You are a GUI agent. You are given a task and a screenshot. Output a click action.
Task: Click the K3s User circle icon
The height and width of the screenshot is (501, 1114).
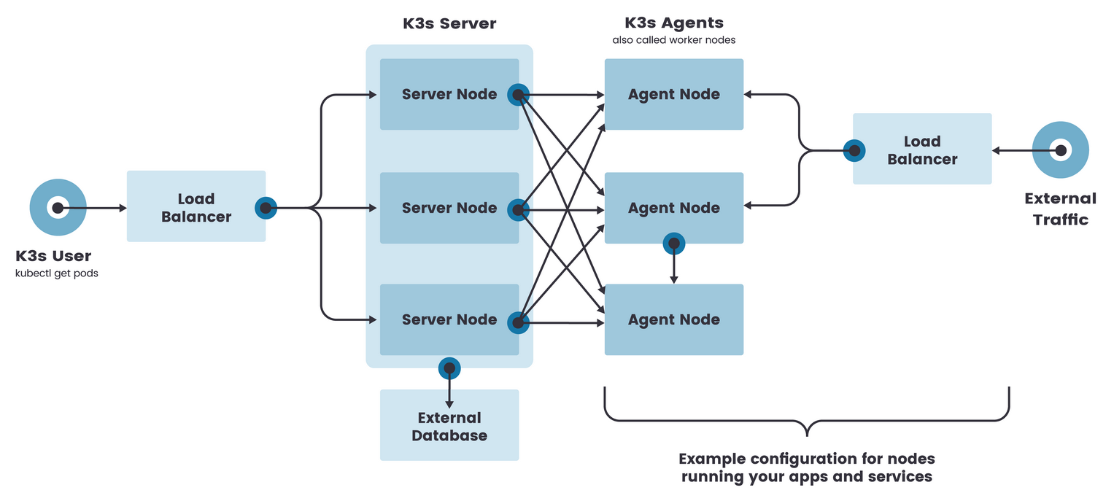coord(58,208)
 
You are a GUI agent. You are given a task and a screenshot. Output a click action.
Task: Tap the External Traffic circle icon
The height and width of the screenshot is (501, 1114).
coord(1061,150)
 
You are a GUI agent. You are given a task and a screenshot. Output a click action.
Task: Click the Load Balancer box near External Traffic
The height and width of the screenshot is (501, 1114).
coord(922,149)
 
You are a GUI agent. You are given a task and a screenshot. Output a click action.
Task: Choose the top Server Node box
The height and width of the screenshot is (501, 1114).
coord(449,94)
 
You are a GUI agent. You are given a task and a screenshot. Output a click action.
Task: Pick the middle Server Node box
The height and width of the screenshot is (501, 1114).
coord(449,208)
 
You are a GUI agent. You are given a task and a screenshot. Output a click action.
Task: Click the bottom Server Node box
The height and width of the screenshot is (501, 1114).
coord(449,319)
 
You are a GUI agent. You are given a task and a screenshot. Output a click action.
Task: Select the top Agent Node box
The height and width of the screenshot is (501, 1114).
coord(673,94)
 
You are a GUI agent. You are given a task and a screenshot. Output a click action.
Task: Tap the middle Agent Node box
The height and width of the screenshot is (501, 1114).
coord(673,208)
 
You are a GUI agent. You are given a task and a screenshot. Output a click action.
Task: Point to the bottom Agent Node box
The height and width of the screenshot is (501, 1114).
coord(673,319)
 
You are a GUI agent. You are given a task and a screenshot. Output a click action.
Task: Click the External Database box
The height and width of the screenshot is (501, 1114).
coord(449,426)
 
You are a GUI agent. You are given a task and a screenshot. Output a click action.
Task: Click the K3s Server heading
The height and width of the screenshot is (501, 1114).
coord(449,23)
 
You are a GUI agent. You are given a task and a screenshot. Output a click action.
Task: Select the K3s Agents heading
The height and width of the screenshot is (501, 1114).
coord(673,23)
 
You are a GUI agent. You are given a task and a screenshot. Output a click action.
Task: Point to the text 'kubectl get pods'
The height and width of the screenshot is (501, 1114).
coord(57,273)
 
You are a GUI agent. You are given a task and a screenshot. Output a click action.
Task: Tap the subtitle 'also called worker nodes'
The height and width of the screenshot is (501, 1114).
coord(673,40)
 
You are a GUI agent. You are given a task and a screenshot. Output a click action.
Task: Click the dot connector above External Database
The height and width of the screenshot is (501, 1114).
coord(449,368)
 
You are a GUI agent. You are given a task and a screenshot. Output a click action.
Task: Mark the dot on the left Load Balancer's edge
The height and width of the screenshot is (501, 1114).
coord(266,209)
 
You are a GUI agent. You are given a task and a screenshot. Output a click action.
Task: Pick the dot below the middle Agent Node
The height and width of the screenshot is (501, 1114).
coord(673,244)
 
